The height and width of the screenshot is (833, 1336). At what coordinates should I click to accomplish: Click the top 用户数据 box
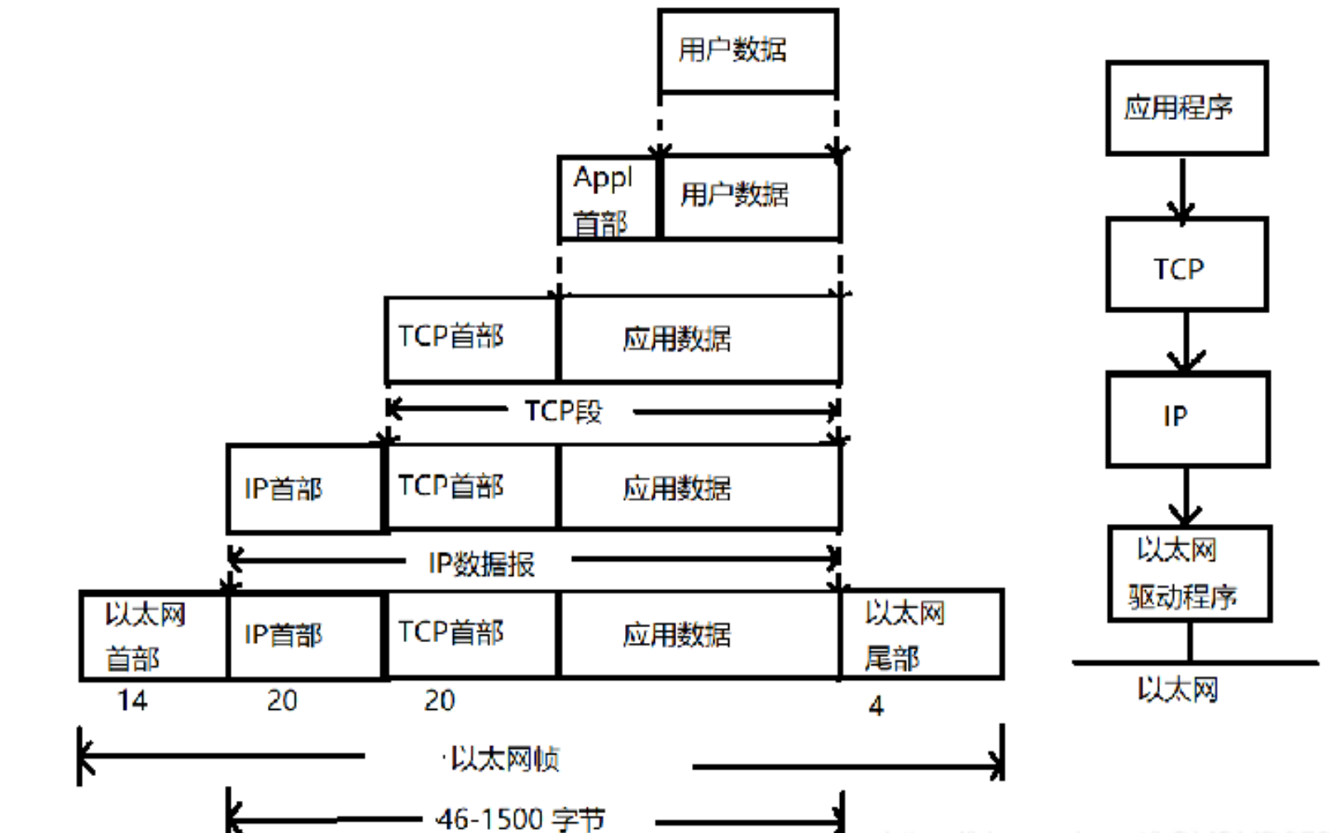(747, 50)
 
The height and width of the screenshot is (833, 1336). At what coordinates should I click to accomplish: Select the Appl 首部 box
(608, 198)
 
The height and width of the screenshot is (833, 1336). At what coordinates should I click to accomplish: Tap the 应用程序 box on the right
(1186, 107)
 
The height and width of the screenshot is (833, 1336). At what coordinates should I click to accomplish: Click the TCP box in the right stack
(1186, 264)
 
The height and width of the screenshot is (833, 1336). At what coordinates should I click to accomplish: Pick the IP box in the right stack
(1187, 418)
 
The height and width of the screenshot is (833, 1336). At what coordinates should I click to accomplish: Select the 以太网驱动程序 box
(1189, 573)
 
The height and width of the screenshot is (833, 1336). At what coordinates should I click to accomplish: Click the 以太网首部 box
(153, 635)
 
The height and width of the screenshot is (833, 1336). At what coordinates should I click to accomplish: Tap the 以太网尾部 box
(921, 635)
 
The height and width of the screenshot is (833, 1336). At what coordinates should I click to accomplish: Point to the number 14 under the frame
(132, 701)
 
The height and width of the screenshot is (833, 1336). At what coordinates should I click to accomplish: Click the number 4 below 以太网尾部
(876, 706)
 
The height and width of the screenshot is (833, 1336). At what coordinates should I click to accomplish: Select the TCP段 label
(564, 411)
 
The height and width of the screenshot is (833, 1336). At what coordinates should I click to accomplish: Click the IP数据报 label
(482, 564)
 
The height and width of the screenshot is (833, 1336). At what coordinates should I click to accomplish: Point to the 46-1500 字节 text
(521, 819)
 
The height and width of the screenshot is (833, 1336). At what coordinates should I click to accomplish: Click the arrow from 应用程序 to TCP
(1182, 188)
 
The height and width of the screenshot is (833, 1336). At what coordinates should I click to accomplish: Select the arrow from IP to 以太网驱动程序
(1186, 496)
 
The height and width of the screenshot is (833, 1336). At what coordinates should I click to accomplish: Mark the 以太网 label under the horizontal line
(1177, 689)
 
